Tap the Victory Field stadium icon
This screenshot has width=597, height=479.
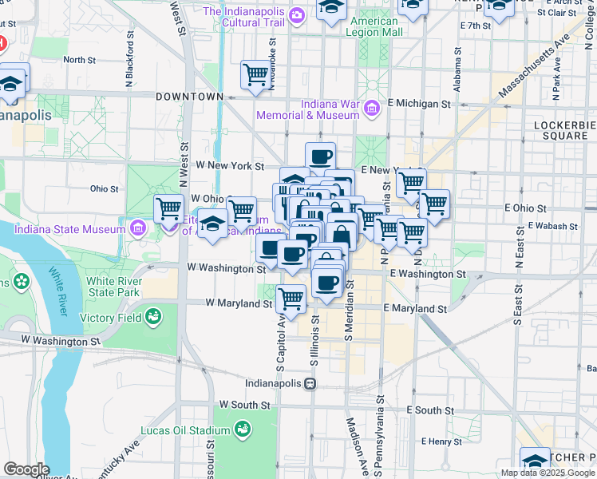(x=152, y=318)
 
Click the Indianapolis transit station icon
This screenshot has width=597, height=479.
(x=310, y=383)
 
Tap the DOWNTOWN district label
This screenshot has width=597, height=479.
(x=189, y=97)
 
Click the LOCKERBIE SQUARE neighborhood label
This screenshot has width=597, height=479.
(x=564, y=130)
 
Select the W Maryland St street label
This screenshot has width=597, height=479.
(x=239, y=303)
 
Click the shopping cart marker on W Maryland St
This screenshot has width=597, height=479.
(x=291, y=299)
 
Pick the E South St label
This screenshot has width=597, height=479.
(x=429, y=410)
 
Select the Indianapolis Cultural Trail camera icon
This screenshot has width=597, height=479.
(x=297, y=15)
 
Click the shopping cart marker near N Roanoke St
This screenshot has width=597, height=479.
(x=255, y=75)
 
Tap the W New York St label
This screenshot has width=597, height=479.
(x=230, y=166)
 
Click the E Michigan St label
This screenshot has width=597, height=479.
(x=419, y=104)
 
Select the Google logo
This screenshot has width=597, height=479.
(x=26, y=469)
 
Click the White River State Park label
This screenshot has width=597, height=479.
(x=113, y=287)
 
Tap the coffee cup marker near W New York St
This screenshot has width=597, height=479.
(x=320, y=156)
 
